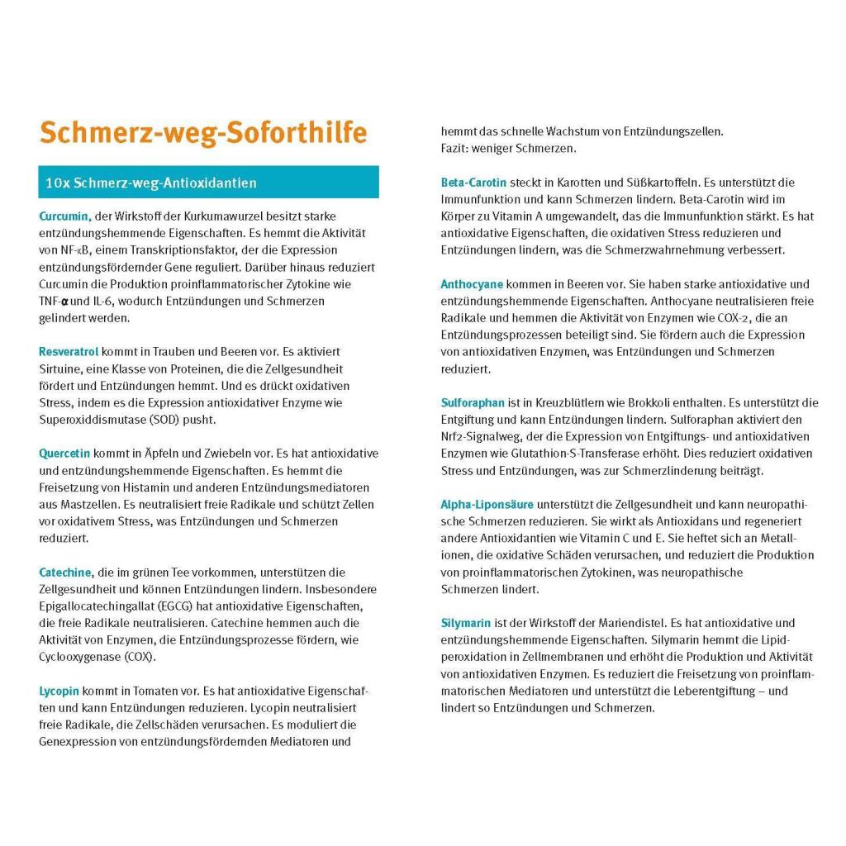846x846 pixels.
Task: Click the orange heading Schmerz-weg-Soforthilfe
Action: coord(203,133)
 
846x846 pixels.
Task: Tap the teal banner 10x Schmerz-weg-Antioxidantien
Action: coord(208,183)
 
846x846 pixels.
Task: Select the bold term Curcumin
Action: coord(64,216)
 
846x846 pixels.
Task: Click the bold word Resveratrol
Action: coord(69,351)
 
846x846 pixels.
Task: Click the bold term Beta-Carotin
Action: coord(473,183)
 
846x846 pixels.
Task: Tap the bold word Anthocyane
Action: coord(472,284)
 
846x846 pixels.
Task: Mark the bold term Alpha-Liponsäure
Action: coord(487,504)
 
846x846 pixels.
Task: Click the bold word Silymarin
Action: coord(466,622)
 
